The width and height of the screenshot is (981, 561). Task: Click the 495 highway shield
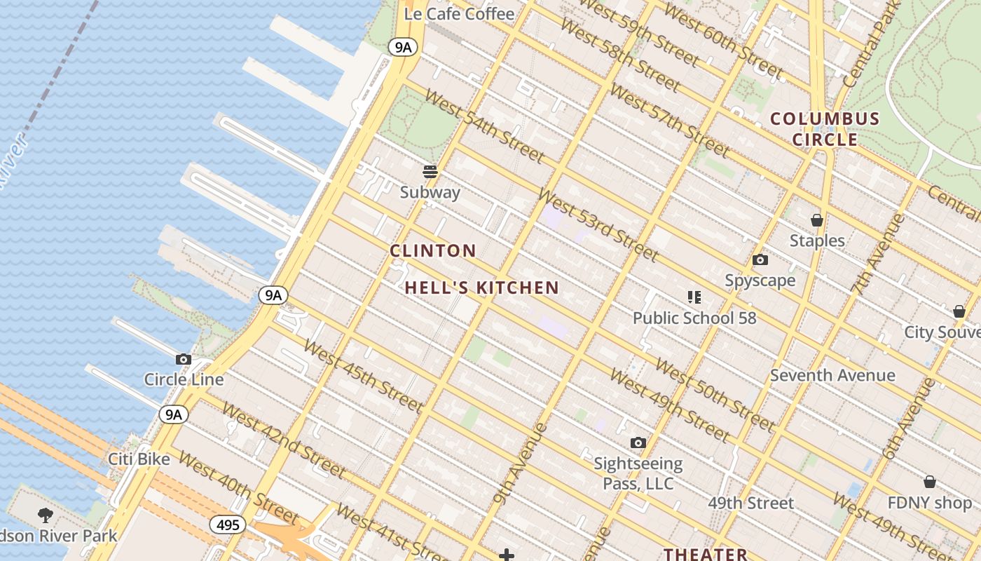click(x=228, y=525)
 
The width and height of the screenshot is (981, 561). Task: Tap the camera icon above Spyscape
click(x=760, y=260)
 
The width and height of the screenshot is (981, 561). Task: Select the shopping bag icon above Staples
click(x=816, y=220)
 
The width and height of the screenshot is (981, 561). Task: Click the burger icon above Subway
click(x=430, y=171)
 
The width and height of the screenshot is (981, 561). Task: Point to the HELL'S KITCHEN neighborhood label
click(x=482, y=288)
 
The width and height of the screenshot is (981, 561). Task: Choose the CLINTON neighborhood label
click(x=433, y=250)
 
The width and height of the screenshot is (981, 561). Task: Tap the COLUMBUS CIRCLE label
click(x=825, y=129)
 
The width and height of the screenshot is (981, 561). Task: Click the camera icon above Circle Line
click(x=184, y=359)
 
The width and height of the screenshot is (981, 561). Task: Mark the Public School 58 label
click(x=694, y=318)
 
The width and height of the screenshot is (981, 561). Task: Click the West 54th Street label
click(x=484, y=125)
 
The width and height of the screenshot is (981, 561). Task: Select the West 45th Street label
click(x=363, y=376)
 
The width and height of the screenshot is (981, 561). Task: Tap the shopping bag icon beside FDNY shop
click(x=929, y=482)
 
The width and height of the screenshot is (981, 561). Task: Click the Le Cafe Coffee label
click(x=460, y=13)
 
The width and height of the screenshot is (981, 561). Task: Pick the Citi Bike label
click(x=139, y=459)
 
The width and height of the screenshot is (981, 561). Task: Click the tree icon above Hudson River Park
click(x=46, y=515)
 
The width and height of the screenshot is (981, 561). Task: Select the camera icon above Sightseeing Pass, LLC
click(x=638, y=442)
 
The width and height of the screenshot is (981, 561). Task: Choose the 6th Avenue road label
click(x=910, y=419)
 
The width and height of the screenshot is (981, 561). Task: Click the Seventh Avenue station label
click(x=832, y=375)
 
